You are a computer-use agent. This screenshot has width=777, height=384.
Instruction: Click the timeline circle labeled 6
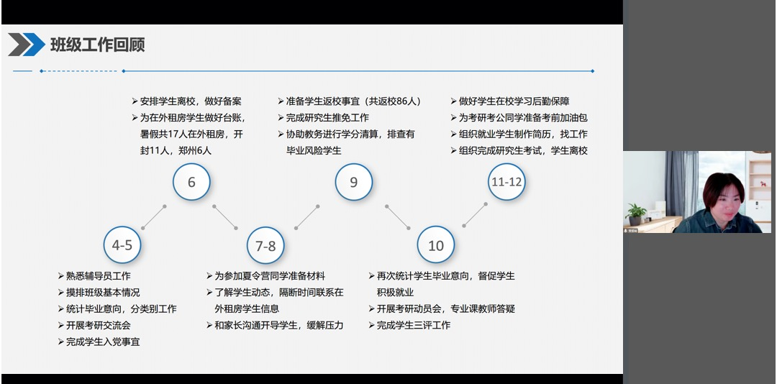(191, 182)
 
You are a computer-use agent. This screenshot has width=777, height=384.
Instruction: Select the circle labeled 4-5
(122, 244)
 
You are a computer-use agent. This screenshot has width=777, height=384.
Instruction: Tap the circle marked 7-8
(265, 245)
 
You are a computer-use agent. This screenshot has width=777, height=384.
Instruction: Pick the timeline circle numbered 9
(353, 182)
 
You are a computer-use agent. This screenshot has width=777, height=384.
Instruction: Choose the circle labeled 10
(435, 244)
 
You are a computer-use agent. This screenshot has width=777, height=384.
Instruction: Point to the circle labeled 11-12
(506, 182)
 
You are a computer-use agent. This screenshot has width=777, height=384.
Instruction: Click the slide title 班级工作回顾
(97, 45)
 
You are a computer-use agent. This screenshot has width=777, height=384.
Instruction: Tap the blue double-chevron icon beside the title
(27, 45)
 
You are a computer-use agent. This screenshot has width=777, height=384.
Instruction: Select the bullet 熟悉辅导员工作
(94, 276)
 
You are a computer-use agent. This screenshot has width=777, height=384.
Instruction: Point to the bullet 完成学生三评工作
(409, 325)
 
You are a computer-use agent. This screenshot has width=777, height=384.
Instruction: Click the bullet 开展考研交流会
(94, 325)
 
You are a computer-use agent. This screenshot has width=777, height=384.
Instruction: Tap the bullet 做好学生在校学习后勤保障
(510, 101)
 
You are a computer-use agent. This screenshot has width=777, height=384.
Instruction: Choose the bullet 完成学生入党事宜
(99, 342)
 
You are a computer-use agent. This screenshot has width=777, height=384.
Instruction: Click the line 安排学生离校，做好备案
(186, 101)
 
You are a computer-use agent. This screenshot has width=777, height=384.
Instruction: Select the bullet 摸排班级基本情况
(99, 293)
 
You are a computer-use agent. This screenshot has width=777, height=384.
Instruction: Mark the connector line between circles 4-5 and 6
(154, 217)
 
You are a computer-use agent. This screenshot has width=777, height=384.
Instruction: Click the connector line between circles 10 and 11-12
(475, 214)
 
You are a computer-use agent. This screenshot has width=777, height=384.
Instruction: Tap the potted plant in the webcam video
(636, 214)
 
